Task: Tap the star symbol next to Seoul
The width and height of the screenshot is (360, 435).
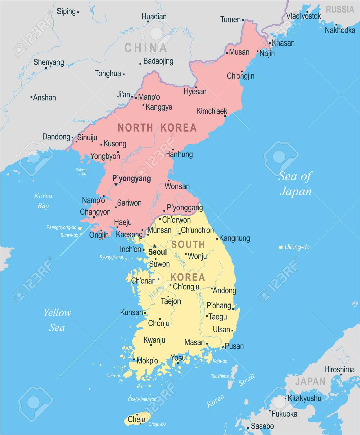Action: tap(154, 246)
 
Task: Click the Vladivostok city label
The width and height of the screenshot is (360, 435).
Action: tap(303, 16)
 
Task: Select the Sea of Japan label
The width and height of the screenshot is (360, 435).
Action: tap(295, 184)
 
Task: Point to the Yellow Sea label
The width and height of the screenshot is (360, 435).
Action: tap(57, 320)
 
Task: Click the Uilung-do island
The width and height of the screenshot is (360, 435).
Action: tap(281, 248)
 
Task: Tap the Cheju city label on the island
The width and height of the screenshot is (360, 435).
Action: tap(136, 419)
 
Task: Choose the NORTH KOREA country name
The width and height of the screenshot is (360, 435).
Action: tap(157, 127)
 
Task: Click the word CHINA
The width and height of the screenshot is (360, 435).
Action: tap(146, 48)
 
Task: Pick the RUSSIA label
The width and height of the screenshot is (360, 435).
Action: tap(340, 9)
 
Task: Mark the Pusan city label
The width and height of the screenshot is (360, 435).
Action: tap(234, 346)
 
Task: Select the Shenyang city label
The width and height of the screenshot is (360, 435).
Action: tap(48, 62)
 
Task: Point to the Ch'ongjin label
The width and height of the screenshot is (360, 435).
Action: tap(241, 76)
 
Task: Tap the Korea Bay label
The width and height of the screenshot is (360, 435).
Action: tap(43, 201)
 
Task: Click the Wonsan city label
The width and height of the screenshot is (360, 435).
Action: tap(177, 186)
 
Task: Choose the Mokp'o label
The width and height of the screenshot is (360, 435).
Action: tap(147, 361)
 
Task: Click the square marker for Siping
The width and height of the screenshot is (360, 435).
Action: tap(78, 12)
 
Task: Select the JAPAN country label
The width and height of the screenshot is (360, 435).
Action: tap(310, 381)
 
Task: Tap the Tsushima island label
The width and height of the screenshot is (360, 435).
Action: tap(220, 376)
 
